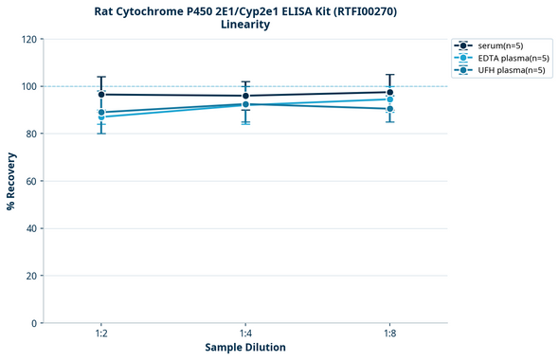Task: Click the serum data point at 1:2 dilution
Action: [x=101, y=95]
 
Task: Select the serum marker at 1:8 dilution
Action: [x=389, y=93]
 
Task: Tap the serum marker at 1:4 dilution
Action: [x=245, y=96]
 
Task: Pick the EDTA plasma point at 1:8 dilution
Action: [x=389, y=99]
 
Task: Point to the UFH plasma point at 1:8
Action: [x=389, y=109]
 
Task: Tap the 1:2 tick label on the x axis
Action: [x=101, y=333]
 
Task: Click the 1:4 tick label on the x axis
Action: [x=245, y=333]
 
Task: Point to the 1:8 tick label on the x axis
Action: [x=389, y=333]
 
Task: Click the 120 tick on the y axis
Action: [x=29, y=39]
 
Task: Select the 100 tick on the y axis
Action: [x=29, y=86]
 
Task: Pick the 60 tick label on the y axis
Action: [x=32, y=181]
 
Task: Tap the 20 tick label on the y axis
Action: [x=32, y=276]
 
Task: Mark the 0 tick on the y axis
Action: [x=35, y=323]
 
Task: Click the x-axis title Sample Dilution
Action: [x=245, y=348]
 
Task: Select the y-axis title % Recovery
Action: [x=11, y=180]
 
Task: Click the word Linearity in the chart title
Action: [x=244, y=25]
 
